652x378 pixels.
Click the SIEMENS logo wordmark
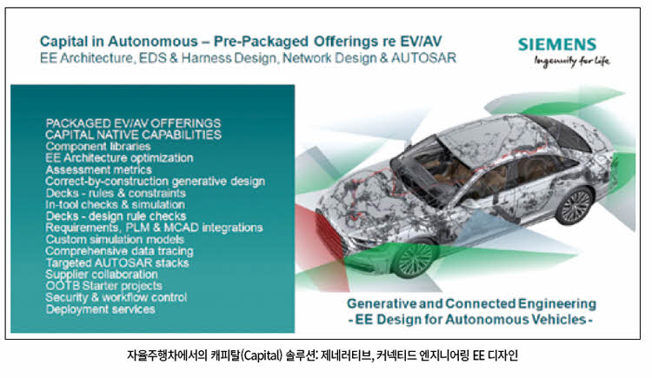pos(557,44)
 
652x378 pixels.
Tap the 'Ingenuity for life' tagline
pos(572,61)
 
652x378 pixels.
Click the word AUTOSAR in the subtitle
pos(423,57)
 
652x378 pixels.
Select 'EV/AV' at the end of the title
pos(421,41)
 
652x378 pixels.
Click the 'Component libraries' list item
pos(98,146)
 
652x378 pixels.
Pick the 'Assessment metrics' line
pos(98,169)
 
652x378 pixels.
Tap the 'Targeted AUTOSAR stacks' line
pos(117,262)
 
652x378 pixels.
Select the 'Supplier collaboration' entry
pos(102,275)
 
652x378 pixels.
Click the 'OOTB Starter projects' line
pos(104,286)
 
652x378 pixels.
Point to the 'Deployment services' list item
pos(100,309)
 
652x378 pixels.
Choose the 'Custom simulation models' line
pos(115,240)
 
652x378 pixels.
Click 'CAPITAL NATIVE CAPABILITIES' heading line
pos(134,135)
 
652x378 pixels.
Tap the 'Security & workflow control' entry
pos(116,298)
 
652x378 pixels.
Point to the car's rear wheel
pos(575,206)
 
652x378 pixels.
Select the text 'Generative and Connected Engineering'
pos(471,303)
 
